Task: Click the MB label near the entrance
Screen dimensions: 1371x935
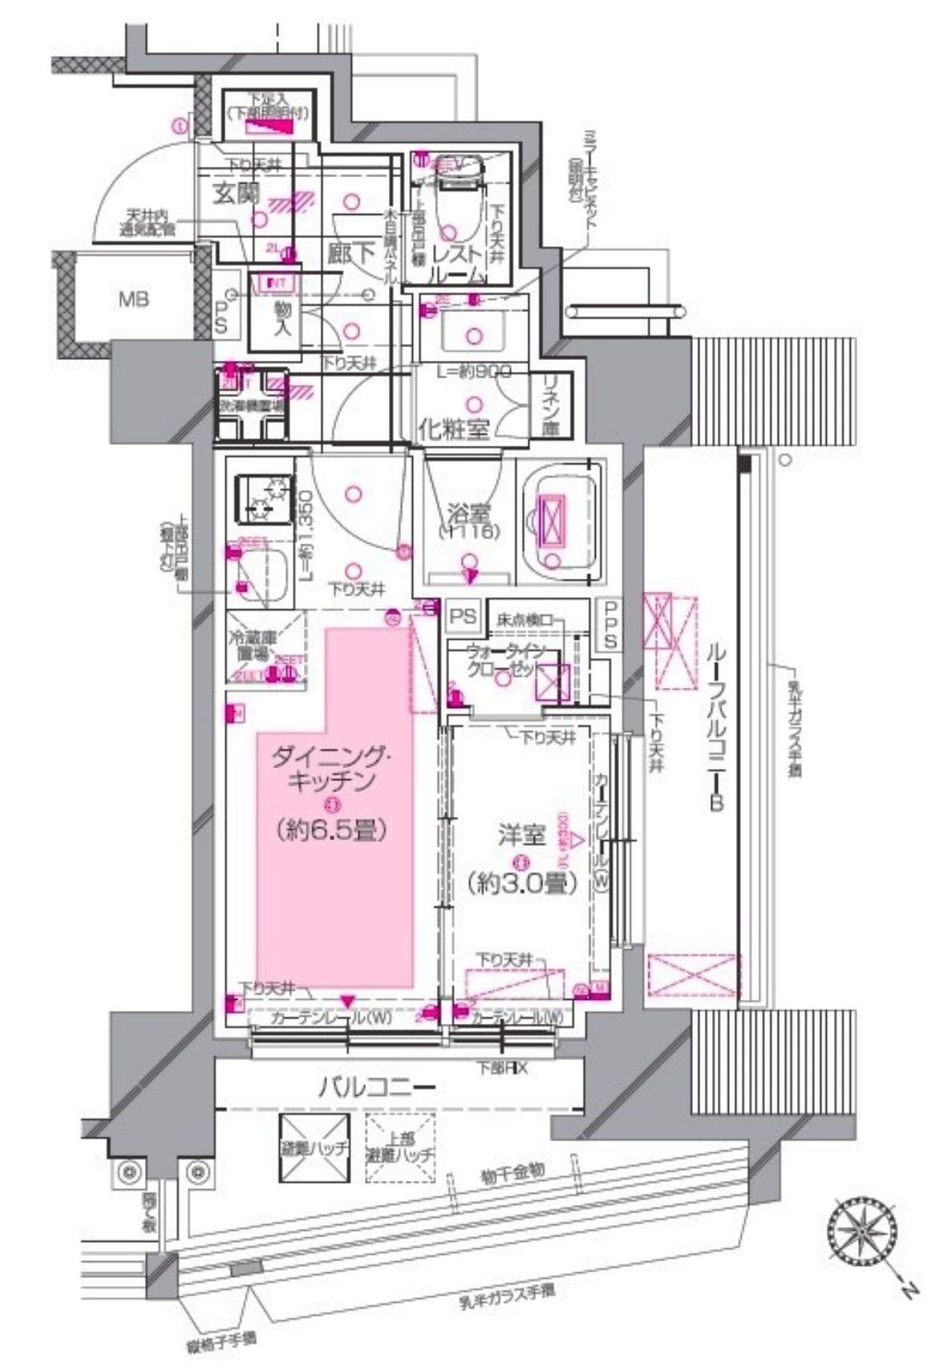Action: [x=133, y=301]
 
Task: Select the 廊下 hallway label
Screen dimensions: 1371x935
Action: [x=351, y=254]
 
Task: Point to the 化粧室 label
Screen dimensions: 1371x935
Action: [x=453, y=429]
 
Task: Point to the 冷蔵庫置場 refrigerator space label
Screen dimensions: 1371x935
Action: [x=253, y=646]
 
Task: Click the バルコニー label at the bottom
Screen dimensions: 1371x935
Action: [x=377, y=1087]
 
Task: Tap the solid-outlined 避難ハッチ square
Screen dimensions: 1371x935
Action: [x=316, y=1148]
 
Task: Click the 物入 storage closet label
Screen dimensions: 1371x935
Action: [x=282, y=318]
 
